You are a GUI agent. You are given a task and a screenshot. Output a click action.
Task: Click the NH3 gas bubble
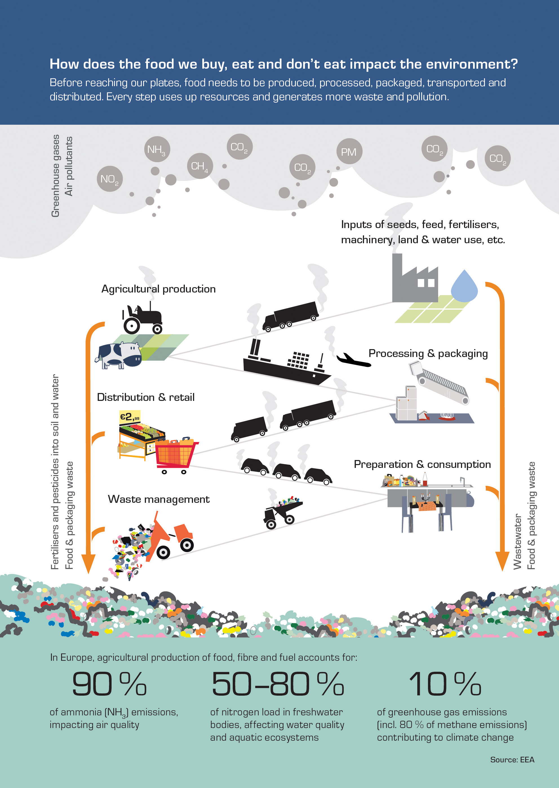click(x=157, y=149)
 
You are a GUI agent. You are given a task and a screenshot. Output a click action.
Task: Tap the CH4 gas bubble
click(x=200, y=166)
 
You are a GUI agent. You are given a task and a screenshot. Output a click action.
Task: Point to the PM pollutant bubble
click(x=349, y=151)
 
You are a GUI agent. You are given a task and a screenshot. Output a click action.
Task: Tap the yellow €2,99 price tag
click(x=130, y=418)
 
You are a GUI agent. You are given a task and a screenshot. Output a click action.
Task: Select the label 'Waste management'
click(x=159, y=499)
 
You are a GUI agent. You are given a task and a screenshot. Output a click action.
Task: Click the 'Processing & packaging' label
click(x=428, y=354)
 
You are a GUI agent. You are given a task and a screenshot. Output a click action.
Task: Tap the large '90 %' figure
click(x=109, y=684)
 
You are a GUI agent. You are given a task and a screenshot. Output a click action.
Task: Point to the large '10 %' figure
click(x=445, y=684)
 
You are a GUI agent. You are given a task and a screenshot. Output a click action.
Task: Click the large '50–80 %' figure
click(x=278, y=684)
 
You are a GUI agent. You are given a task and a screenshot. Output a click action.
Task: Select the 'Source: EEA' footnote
click(x=512, y=760)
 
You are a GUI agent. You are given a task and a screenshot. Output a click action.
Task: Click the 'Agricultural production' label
click(x=159, y=289)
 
